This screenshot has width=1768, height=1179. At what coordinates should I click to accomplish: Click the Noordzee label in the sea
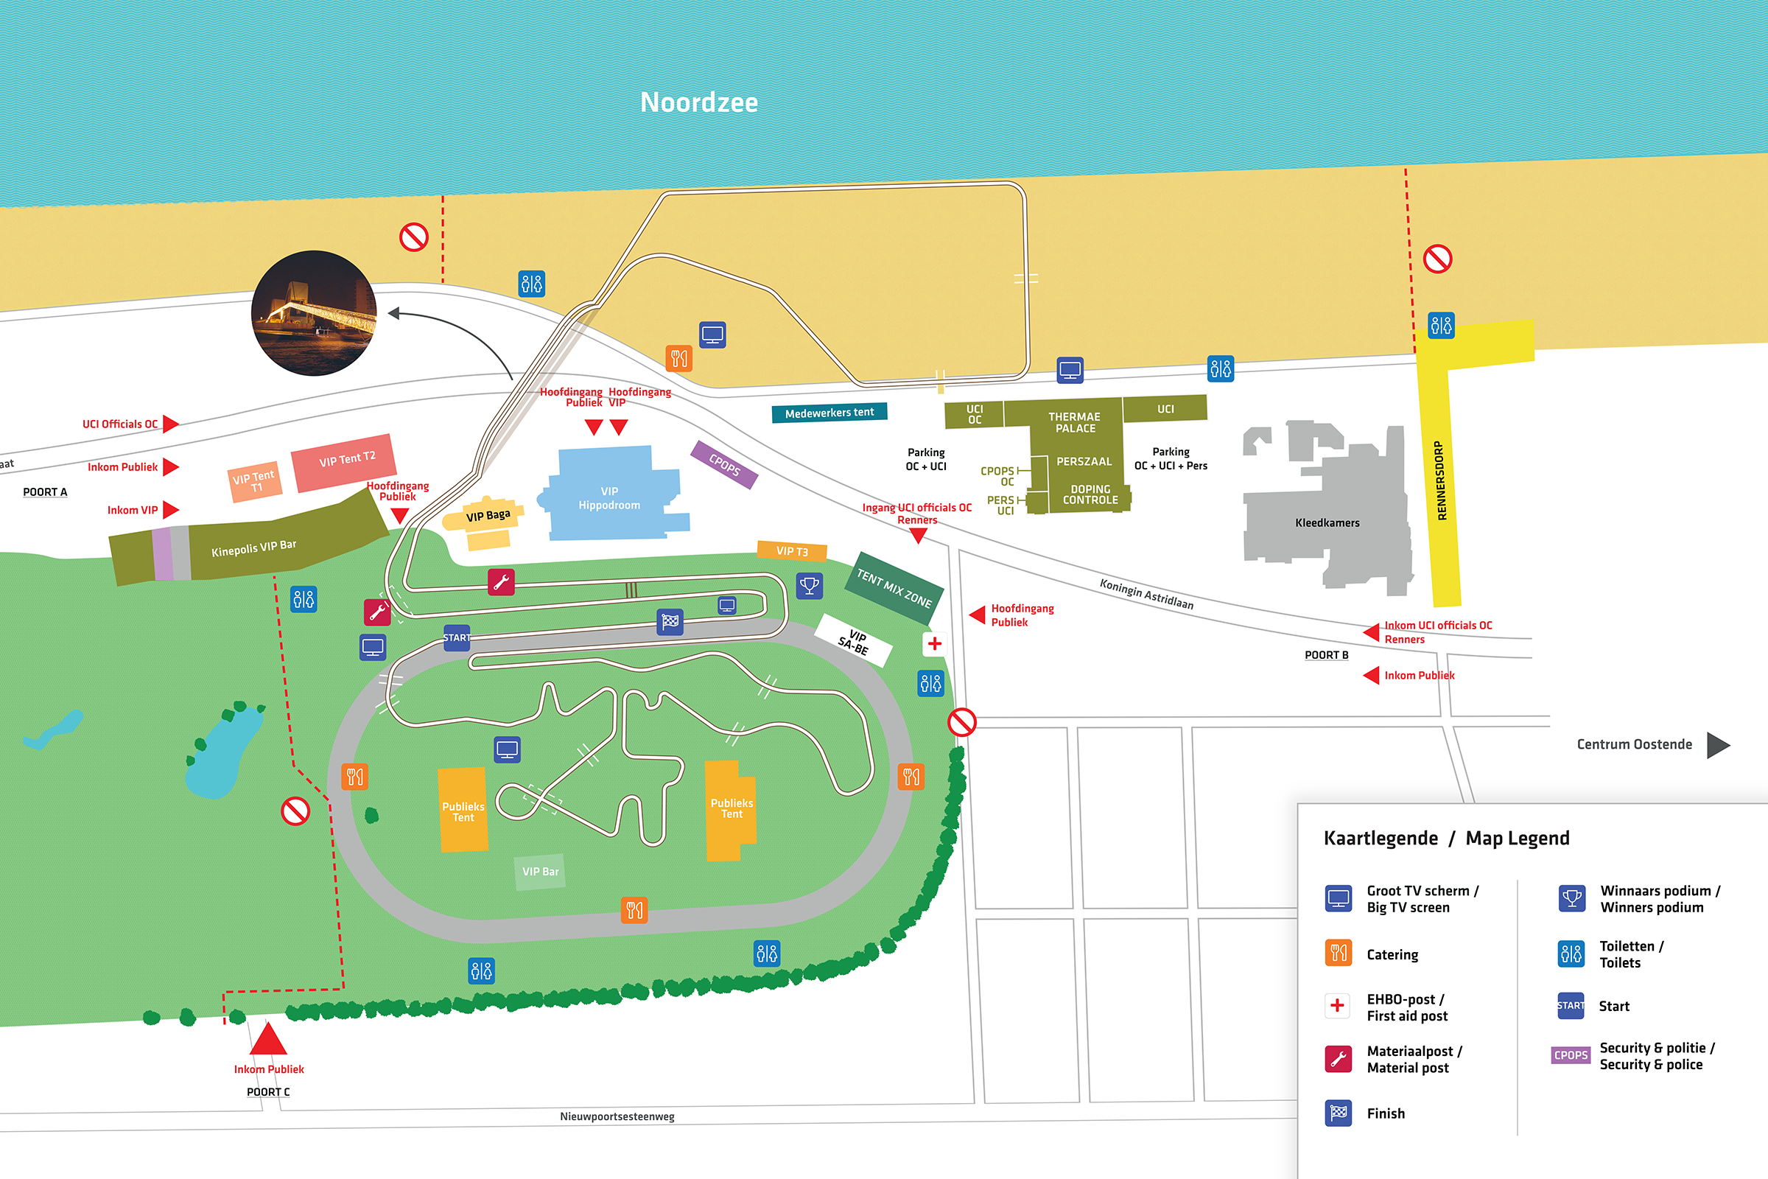click(x=698, y=102)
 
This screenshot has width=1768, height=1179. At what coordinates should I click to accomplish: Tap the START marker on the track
click(x=456, y=637)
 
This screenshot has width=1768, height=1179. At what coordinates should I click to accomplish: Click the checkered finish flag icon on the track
click(x=670, y=621)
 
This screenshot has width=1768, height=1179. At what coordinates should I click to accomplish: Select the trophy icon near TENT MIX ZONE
click(x=810, y=585)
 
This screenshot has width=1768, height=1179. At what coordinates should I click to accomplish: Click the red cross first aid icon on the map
click(x=934, y=643)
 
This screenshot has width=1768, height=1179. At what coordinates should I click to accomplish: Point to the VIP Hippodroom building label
click(x=609, y=498)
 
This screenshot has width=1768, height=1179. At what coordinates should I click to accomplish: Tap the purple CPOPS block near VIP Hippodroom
click(x=724, y=465)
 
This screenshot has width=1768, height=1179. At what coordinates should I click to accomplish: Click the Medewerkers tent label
click(x=829, y=413)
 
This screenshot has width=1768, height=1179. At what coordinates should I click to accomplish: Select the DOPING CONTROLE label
click(x=1090, y=494)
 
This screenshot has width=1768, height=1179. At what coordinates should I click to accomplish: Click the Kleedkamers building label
click(x=1327, y=522)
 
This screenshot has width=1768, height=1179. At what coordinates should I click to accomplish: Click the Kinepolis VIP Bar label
click(x=253, y=548)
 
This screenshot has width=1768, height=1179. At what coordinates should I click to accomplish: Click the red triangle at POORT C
click(x=267, y=1039)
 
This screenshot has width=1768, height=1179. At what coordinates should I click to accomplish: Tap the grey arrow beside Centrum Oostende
click(x=1717, y=745)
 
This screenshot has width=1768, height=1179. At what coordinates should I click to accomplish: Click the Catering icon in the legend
click(x=1338, y=954)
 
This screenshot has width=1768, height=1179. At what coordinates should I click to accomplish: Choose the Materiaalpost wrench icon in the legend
click(x=1338, y=1059)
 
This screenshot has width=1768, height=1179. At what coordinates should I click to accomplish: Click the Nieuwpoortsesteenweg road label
click(x=617, y=1116)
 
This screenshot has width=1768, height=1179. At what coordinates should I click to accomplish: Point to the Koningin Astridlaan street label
click(x=1146, y=593)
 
